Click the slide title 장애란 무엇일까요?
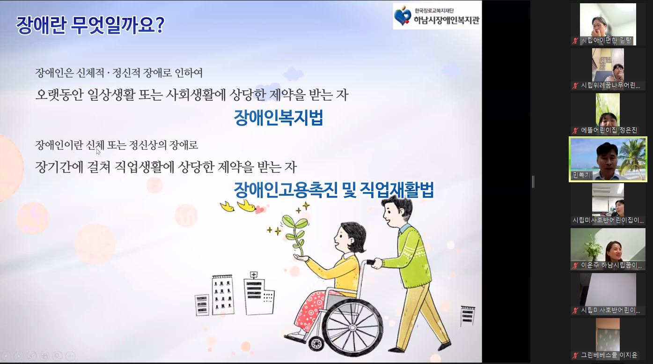pos(90,25)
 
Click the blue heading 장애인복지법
pos(279,118)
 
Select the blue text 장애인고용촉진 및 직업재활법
pos(334,190)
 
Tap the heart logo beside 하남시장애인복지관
pos(403,15)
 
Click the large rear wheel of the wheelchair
pos(352,327)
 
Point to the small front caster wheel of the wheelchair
pos(316,343)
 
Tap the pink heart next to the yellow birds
pos(259,210)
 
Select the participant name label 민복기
pos(581,175)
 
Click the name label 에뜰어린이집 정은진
pos(609,130)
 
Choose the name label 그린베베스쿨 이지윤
pos(609,355)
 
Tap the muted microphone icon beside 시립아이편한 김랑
pos(575,41)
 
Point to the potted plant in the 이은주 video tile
pos(594,247)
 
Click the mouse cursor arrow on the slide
pos(98,151)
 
